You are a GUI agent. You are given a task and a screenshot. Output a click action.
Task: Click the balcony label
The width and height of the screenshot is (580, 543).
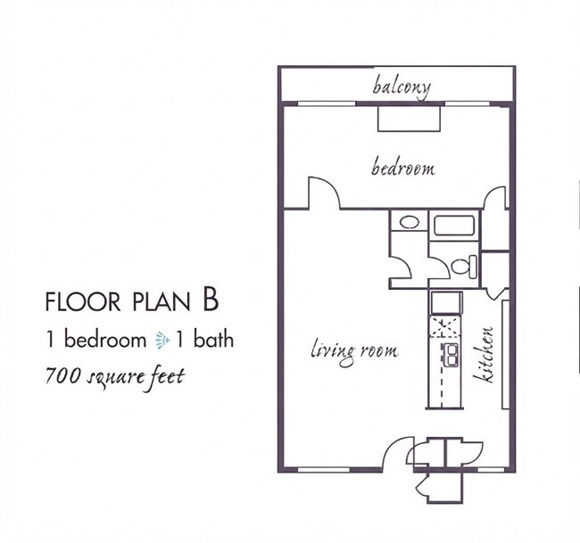[x=402, y=86]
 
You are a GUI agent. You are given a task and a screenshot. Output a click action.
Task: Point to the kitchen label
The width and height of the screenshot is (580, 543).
[x=485, y=355]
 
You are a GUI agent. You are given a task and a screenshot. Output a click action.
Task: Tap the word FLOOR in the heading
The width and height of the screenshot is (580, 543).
[x=82, y=301]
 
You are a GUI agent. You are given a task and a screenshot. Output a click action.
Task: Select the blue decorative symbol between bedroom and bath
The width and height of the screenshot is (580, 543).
[x=162, y=340]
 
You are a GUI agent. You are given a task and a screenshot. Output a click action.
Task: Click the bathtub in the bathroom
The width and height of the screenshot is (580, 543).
[x=454, y=226]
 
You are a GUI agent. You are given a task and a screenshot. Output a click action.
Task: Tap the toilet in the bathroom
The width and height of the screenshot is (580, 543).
[x=464, y=266]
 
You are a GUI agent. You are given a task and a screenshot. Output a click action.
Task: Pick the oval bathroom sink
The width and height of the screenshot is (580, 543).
[x=409, y=222]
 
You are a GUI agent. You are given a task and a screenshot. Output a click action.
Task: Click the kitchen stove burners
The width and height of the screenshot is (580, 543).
[x=450, y=355]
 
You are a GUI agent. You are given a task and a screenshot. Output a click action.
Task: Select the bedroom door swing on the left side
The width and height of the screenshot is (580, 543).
[x=325, y=193]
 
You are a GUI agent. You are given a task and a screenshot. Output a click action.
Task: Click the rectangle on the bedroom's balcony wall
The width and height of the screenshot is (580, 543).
[x=409, y=119]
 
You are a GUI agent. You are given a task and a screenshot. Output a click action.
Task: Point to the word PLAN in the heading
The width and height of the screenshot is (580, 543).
[x=161, y=301]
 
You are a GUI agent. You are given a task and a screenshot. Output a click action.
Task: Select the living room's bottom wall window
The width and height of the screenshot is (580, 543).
[x=323, y=470]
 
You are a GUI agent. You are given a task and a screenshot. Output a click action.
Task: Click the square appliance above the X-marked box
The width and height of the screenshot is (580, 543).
[x=446, y=303]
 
